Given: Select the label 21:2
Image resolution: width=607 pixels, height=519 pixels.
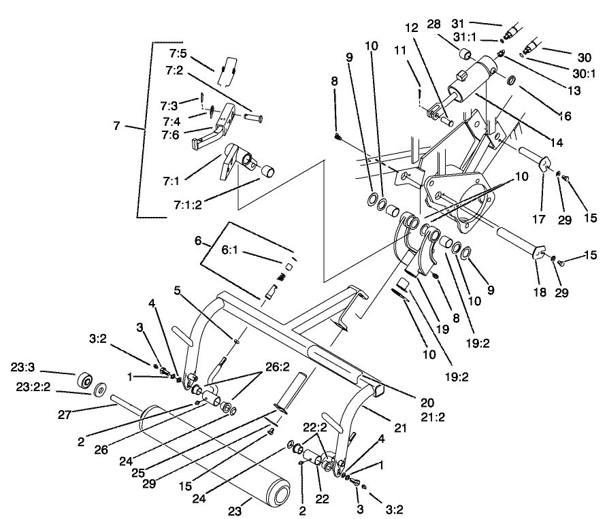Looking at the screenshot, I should coord(433,416).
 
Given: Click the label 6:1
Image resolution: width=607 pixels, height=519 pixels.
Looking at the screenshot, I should coord(230,250).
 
